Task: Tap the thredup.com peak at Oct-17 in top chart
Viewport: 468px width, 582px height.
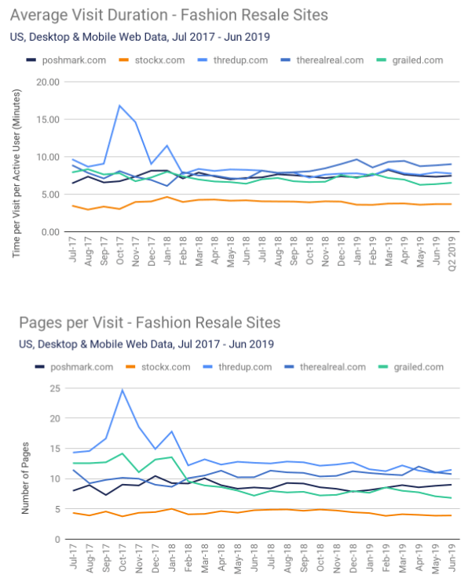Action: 120,106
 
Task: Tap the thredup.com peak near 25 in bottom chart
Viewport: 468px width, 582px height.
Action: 122,390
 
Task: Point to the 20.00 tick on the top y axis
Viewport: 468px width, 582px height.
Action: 49,82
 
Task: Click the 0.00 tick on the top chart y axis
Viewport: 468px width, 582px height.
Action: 51,232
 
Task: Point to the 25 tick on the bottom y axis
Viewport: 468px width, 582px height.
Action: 55,388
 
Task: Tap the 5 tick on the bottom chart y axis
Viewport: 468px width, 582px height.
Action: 57,509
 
